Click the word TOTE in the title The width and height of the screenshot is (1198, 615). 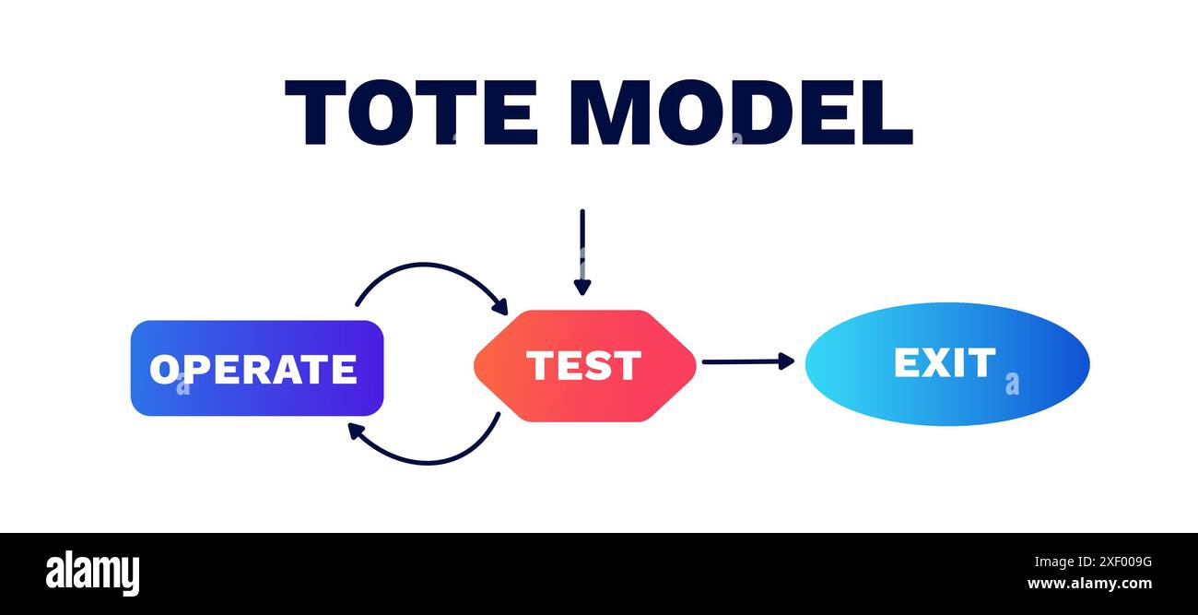pyautogui.click(x=411, y=112)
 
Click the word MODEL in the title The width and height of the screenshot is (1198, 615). pyautogui.click(x=742, y=112)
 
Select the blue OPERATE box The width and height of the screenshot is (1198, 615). pyautogui.click(x=257, y=368)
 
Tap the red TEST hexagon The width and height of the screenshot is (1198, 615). pyautogui.click(x=585, y=366)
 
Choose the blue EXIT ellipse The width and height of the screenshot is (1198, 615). pyautogui.click(x=947, y=364)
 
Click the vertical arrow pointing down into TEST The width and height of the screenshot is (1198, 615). pyautogui.click(x=582, y=252)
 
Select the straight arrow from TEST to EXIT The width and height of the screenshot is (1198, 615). pyautogui.click(x=748, y=361)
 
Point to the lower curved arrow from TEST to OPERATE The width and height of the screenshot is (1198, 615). pyautogui.click(x=428, y=463)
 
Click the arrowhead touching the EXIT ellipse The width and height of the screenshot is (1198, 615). pyautogui.click(x=786, y=361)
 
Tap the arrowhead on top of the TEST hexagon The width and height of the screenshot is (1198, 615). pyautogui.click(x=582, y=288)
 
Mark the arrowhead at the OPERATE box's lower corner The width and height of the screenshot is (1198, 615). pyautogui.click(x=355, y=431)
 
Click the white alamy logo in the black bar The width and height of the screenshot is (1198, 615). pyautogui.click(x=92, y=573)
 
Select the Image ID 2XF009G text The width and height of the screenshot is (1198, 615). pyautogui.click(x=1093, y=562)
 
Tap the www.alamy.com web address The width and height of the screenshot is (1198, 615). pyautogui.click(x=1089, y=583)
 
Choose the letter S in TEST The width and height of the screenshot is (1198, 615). pyautogui.click(x=598, y=365)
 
